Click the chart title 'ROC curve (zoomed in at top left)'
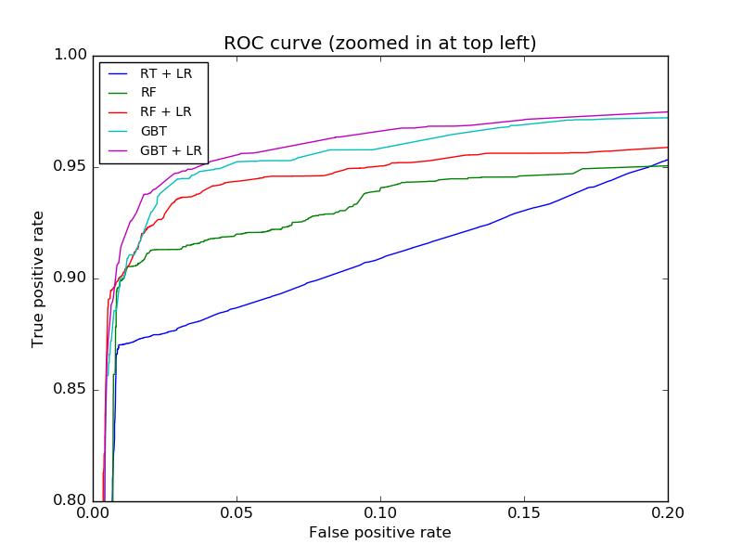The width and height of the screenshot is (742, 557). (x=380, y=44)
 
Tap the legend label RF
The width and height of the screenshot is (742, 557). (x=148, y=93)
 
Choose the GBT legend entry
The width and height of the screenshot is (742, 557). (x=153, y=131)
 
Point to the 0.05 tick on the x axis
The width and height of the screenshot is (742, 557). (x=237, y=512)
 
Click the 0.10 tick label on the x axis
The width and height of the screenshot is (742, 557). (x=380, y=512)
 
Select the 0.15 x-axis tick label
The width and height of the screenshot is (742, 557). (x=524, y=512)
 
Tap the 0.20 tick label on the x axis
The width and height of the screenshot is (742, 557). (x=668, y=512)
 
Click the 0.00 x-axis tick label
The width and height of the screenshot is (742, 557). (x=93, y=512)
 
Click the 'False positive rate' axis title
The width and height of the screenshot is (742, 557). (x=380, y=533)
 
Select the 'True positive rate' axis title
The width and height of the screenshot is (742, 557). (x=38, y=278)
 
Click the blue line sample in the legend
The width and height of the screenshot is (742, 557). (x=119, y=73)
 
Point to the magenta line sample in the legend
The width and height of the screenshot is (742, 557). (x=119, y=149)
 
